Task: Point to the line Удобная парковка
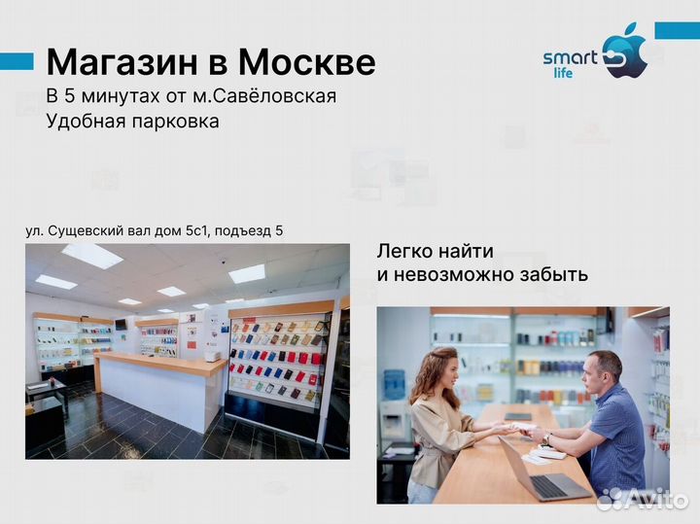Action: point(132,122)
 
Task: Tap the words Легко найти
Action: point(436,251)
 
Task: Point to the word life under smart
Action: point(577,72)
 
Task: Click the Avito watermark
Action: point(642,498)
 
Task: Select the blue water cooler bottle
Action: point(394,384)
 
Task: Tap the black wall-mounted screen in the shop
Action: point(121,324)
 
